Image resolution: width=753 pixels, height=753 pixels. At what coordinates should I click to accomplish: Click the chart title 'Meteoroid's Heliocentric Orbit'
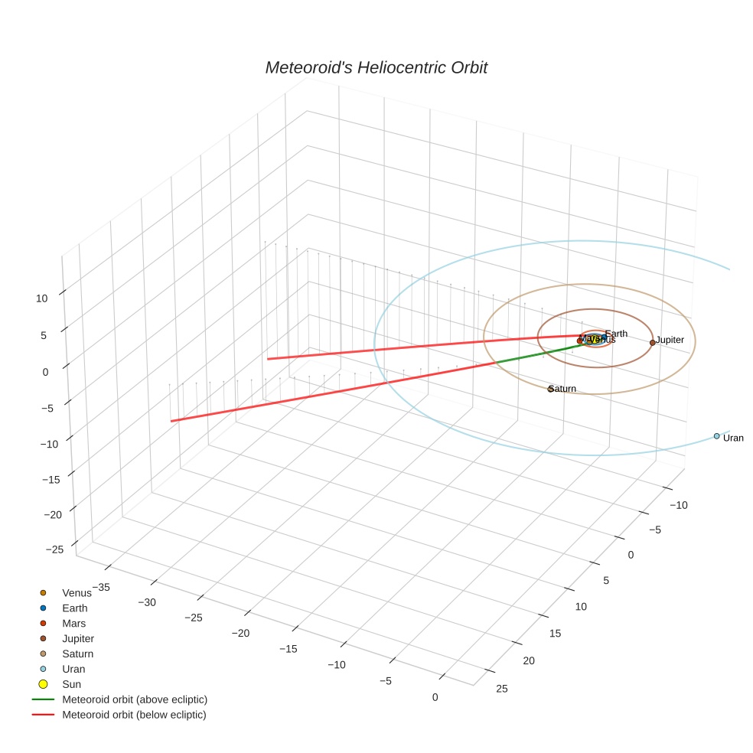[376, 68]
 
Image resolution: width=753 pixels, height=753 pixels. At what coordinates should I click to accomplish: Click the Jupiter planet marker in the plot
[652, 342]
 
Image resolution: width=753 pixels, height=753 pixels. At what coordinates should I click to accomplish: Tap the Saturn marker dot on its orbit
[550, 389]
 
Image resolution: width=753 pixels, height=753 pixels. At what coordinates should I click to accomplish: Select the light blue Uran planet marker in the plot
[716, 435]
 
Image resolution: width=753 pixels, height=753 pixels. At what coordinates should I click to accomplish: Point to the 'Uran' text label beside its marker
[733, 438]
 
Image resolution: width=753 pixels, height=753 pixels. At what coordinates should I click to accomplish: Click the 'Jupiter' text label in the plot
[670, 340]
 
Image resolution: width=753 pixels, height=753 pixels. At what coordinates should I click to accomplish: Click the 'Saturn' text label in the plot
[563, 389]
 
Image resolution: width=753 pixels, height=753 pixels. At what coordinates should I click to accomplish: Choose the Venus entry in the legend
[76, 593]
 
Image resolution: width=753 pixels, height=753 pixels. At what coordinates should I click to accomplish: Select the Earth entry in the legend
[74, 608]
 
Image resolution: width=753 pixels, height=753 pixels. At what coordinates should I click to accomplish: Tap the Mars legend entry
[73, 624]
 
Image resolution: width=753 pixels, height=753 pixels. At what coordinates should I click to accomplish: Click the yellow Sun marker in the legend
[44, 684]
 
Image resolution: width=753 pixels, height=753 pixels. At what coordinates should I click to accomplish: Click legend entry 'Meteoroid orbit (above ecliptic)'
[134, 699]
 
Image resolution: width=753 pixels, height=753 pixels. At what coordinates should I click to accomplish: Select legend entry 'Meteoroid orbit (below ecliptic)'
[134, 715]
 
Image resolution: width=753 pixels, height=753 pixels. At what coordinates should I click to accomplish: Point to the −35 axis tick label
[100, 587]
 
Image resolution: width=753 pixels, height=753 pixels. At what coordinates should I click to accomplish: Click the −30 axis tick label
[147, 602]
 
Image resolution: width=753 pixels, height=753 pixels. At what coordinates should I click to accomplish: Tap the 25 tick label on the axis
[502, 689]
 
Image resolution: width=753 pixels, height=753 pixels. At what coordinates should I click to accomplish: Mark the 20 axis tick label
[529, 660]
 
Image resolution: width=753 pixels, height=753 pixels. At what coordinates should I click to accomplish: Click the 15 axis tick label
[555, 633]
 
